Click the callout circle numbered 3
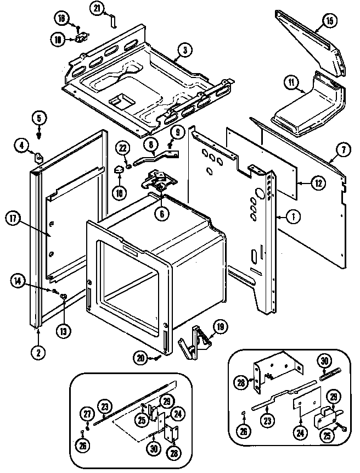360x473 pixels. click(184, 51)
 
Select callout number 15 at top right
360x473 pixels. click(329, 21)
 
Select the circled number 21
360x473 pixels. click(97, 8)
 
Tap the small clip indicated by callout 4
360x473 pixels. click(39, 158)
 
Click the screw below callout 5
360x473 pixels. click(40, 132)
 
